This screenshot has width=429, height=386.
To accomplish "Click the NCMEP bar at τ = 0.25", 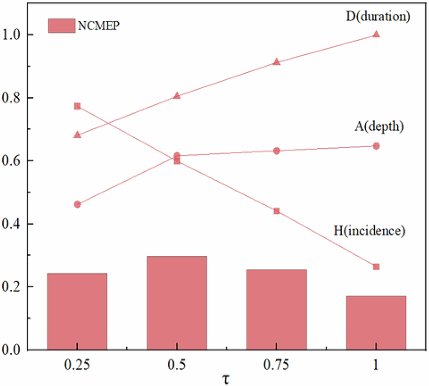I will click(x=77, y=311).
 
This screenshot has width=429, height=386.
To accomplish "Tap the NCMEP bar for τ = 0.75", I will click(x=277, y=310).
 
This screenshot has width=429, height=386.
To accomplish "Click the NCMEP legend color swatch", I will click(x=61, y=25).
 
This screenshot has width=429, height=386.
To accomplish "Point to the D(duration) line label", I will click(x=376, y=17).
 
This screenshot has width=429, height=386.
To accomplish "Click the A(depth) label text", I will click(x=378, y=127).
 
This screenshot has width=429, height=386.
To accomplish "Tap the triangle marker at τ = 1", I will click(x=376, y=34).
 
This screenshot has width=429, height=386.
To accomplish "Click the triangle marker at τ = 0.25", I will click(x=77, y=135).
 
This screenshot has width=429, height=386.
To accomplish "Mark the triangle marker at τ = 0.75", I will click(x=277, y=62).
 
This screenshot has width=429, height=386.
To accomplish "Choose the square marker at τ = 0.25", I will click(x=77, y=106).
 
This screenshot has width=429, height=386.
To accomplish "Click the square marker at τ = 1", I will click(x=376, y=267).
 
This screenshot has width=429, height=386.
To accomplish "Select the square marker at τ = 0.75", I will click(x=277, y=211).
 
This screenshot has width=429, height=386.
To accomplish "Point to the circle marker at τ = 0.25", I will click(x=77, y=204).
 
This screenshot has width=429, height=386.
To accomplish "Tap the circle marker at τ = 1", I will click(x=376, y=146).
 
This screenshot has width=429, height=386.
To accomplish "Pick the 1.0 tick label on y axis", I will click(x=13, y=35).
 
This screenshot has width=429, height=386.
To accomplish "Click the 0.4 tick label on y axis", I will click(x=13, y=224).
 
